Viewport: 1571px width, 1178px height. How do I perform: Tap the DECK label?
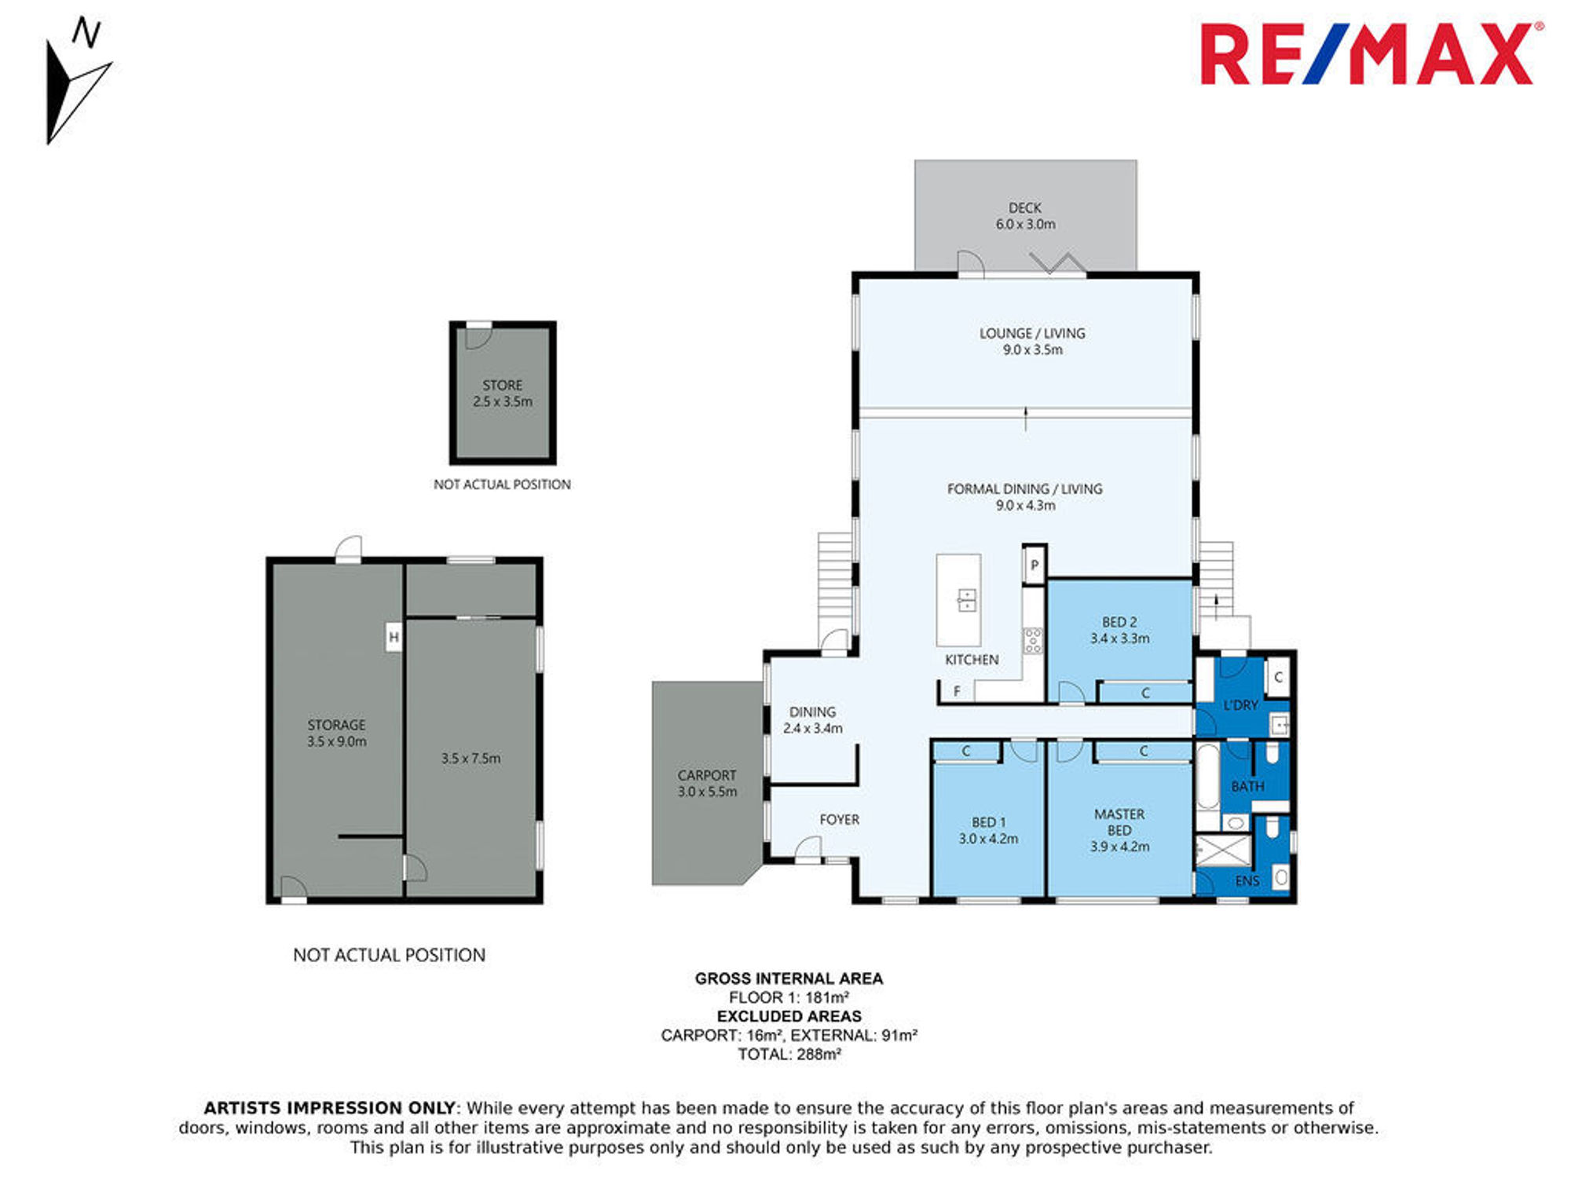click(1025, 208)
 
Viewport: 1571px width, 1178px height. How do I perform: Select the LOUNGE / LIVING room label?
click(1032, 334)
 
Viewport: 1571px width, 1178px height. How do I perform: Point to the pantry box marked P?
click(1035, 565)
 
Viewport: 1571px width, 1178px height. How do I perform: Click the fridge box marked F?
click(957, 691)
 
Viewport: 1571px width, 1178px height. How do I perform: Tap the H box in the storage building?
click(394, 637)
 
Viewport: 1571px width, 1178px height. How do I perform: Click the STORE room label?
click(503, 386)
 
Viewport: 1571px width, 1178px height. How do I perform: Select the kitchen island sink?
click(967, 600)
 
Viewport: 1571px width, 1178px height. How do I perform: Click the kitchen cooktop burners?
click(1033, 641)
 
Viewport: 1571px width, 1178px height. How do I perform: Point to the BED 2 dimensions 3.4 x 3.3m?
click(1119, 639)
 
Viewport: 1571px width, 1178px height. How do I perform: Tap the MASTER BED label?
click(1119, 822)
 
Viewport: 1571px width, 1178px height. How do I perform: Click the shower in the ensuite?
click(1223, 851)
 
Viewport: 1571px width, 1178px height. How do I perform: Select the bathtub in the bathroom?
click(1207, 777)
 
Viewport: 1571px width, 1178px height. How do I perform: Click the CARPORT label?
click(707, 775)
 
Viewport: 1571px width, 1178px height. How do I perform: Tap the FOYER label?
click(839, 820)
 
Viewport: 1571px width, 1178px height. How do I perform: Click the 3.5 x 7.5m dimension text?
click(471, 759)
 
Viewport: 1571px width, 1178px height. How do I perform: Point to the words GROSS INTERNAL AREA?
click(789, 979)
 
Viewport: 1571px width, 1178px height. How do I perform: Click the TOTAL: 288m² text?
click(789, 1054)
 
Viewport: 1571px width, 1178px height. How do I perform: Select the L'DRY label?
click(1241, 705)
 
